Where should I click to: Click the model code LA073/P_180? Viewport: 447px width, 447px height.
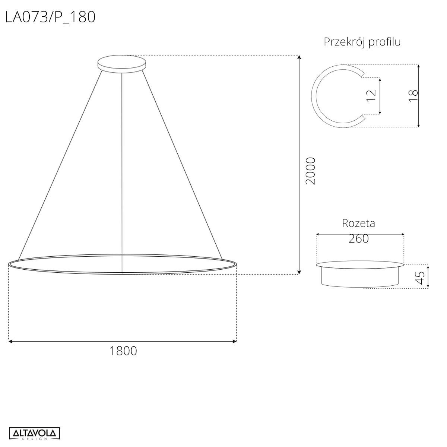(50, 17)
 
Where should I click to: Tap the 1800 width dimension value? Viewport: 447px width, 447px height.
(123, 351)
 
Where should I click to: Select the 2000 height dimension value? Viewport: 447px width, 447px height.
(310, 171)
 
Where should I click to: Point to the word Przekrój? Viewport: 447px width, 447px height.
(344, 42)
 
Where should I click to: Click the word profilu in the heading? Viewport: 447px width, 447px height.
(384, 42)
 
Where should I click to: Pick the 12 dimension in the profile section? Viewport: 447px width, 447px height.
(371, 96)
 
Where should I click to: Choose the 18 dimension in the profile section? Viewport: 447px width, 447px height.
(413, 96)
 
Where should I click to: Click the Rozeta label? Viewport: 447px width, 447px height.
(358, 223)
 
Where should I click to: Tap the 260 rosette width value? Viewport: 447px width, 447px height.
(358, 238)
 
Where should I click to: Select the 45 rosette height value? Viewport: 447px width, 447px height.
(420, 276)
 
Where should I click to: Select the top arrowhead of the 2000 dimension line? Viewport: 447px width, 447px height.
(299, 57)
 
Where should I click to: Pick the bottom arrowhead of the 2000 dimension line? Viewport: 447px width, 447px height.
(299, 272)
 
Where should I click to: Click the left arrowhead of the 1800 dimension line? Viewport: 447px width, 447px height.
(10, 341)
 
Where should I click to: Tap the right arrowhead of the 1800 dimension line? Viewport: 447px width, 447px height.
(235, 341)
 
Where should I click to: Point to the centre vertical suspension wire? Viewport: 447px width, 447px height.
(122, 168)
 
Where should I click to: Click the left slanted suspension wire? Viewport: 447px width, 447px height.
(60, 164)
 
